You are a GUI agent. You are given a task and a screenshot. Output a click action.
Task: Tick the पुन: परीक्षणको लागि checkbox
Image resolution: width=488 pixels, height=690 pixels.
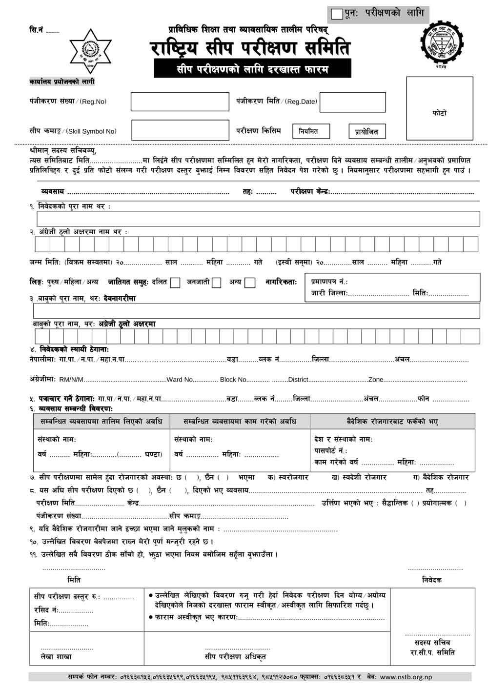(337, 14)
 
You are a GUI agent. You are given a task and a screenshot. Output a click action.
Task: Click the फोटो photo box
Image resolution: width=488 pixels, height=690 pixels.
(439, 108)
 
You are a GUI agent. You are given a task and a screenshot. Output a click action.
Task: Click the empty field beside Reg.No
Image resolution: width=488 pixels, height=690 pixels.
(180, 101)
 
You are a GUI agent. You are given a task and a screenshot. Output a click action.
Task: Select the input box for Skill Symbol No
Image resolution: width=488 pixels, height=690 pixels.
(180, 131)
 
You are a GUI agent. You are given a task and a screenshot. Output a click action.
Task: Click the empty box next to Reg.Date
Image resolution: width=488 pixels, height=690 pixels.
(352, 102)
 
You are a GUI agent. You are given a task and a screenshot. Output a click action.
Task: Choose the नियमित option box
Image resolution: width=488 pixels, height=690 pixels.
(311, 131)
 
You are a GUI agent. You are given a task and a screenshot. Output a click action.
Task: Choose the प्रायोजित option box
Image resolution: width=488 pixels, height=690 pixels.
(366, 131)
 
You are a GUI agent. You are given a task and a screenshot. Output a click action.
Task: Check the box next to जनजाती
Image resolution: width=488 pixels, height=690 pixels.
(217, 283)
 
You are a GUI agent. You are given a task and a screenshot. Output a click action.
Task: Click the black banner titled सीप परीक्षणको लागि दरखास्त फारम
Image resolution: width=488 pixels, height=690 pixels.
(252, 69)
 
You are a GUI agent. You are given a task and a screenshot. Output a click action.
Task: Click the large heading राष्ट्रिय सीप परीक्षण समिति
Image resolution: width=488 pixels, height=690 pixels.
(250, 48)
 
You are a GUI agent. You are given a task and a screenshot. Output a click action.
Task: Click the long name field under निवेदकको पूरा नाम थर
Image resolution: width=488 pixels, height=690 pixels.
(258, 219)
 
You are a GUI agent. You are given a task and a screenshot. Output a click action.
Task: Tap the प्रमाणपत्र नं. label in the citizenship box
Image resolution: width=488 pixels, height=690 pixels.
(329, 282)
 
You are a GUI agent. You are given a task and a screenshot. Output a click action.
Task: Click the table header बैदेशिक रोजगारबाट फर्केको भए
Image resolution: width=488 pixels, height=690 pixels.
(392, 422)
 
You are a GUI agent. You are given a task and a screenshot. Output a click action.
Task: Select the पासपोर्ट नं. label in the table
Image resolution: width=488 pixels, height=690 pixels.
(330, 450)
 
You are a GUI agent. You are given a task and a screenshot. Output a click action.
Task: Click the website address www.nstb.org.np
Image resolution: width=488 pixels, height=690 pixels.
(406, 677)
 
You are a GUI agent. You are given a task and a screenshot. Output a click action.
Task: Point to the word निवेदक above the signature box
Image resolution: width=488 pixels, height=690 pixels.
(431, 580)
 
